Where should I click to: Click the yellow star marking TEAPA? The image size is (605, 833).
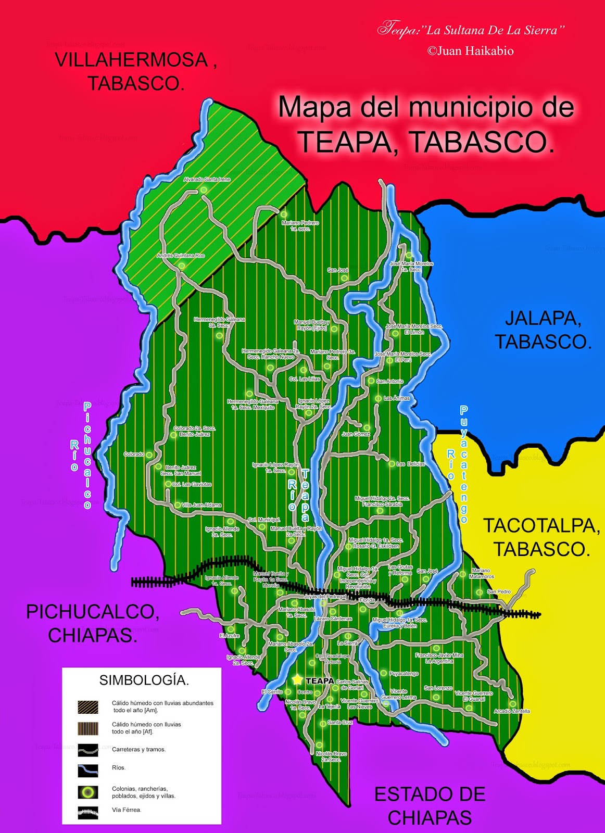tap(297, 680)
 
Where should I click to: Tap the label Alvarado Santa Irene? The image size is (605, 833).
tap(207, 180)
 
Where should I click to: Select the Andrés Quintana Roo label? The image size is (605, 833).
tap(181, 256)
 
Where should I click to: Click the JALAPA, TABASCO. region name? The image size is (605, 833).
tap(543, 330)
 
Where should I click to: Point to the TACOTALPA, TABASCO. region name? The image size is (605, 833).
tap(542, 537)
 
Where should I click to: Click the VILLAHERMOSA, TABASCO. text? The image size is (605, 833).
tap(135, 71)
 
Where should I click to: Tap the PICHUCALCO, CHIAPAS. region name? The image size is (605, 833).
tap(93, 623)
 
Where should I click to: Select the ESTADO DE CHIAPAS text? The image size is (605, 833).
tap(430, 805)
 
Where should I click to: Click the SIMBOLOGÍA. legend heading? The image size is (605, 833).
tap(144, 680)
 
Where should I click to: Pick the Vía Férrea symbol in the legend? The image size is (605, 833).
tap(88, 812)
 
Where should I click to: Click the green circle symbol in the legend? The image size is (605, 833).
tap(88, 792)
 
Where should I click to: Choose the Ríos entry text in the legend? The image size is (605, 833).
tap(119, 767)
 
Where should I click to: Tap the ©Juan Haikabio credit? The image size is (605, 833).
tap(470, 51)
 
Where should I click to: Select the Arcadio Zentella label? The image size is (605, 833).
tap(512, 711)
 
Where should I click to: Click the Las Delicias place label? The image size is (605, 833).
tap(411, 464)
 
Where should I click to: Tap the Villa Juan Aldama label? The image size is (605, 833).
tap(201, 505)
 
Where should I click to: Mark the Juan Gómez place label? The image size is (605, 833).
tap(356, 434)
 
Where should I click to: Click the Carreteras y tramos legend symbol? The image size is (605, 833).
tap(88, 750)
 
